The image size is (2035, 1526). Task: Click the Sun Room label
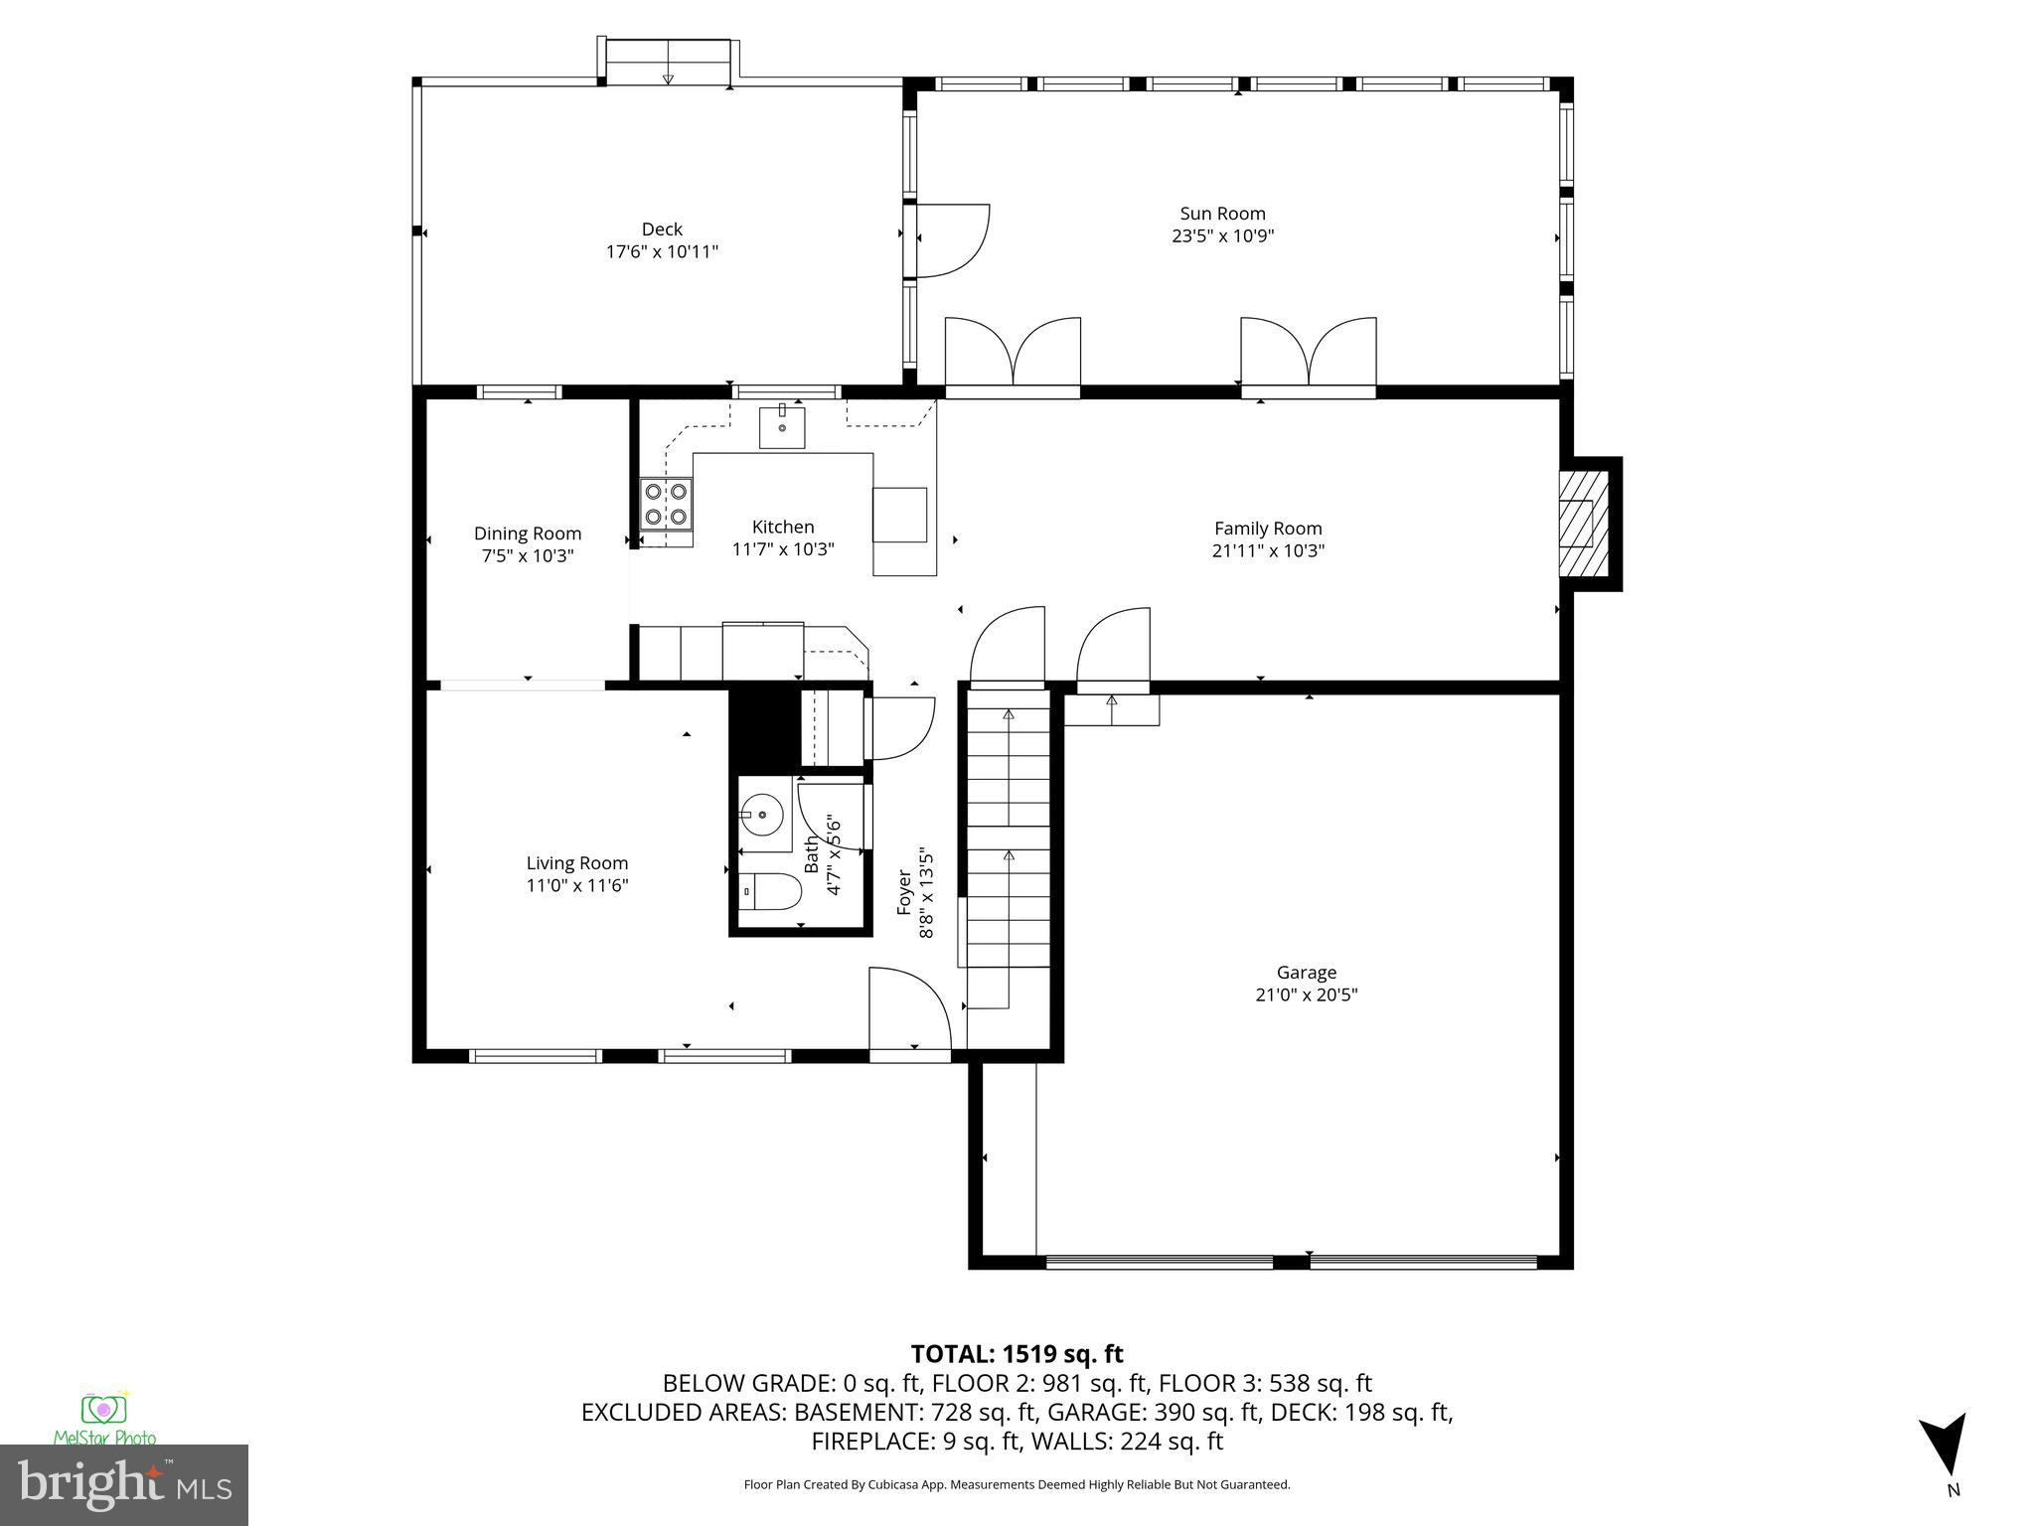pyautogui.click(x=1222, y=214)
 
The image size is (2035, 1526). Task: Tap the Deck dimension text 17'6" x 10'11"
pyautogui.click(x=662, y=252)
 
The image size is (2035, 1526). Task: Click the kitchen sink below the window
pyautogui.click(x=782, y=427)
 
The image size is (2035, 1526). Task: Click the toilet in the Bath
pyautogui.click(x=772, y=891)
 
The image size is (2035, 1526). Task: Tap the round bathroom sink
pyautogui.click(x=763, y=816)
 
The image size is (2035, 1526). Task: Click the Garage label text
pyautogui.click(x=1306, y=973)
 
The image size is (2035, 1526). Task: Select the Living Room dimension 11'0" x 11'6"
pyautogui.click(x=577, y=886)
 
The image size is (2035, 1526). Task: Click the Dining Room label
pyautogui.click(x=528, y=534)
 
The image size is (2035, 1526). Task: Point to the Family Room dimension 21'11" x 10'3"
pyautogui.click(x=1268, y=551)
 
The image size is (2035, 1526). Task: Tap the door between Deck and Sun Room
pyautogui.click(x=949, y=239)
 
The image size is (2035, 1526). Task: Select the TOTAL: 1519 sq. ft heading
pyautogui.click(x=1017, y=1354)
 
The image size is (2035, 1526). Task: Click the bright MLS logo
pyautogui.click(x=124, y=1484)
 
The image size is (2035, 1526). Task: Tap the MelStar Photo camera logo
pyautogui.click(x=104, y=1410)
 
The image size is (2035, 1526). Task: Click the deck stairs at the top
pyautogui.click(x=668, y=62)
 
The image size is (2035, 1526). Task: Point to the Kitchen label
pyautogui.click(x=783, y=528)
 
